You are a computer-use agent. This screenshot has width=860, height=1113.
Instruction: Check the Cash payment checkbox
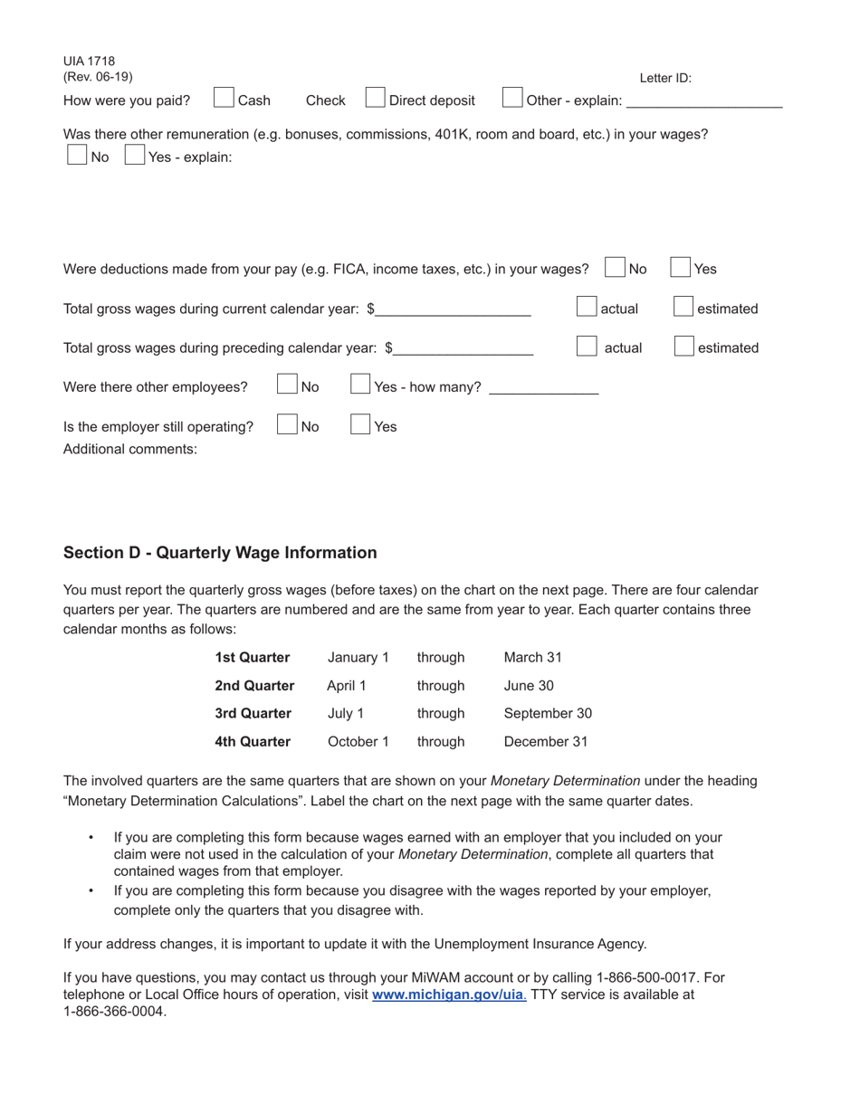pyautogui.click(x=224, y=98)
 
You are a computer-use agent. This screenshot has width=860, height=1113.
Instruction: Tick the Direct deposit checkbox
pyautogui.click(x=376, y=98)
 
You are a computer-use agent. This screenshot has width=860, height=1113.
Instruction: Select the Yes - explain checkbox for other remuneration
pyautogui.click(x=135, y=155)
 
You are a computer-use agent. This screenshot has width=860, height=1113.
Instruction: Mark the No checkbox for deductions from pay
pyautogui.click(x=615, y=268)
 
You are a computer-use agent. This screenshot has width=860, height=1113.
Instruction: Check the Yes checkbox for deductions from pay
pyautogui.click(x=681, y=268)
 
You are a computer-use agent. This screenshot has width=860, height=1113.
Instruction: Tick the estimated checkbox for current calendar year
pyautogui.click(x=684, y=308)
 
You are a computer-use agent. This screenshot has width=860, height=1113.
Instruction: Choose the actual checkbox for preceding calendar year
pyautogui.click(x=587, y=347)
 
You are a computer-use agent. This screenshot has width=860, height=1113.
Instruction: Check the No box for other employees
pyautogui.click(x=287, y=385)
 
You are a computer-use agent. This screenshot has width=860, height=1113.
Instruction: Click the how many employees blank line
pyautogui.click(x=543, y=389)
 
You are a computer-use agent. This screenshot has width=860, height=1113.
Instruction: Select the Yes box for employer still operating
pyautogui.click(x=360, y=425)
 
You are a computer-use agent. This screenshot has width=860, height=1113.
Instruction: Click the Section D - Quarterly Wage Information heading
pyautogui.click(x=220, y=553)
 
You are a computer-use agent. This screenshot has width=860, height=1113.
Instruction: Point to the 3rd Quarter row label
pyautogui.click(x=253, y=713)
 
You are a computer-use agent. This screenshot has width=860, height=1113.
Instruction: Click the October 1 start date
pyautogui.click(x=358, y=741)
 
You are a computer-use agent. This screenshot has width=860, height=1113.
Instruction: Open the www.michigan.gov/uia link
pyautogui.click(x=447, y=994)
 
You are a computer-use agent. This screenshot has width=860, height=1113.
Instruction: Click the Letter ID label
pyautogui.click(x=665, y=78)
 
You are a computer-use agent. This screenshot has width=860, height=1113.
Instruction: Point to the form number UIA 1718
pyautogui.click(x=90, y=62)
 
